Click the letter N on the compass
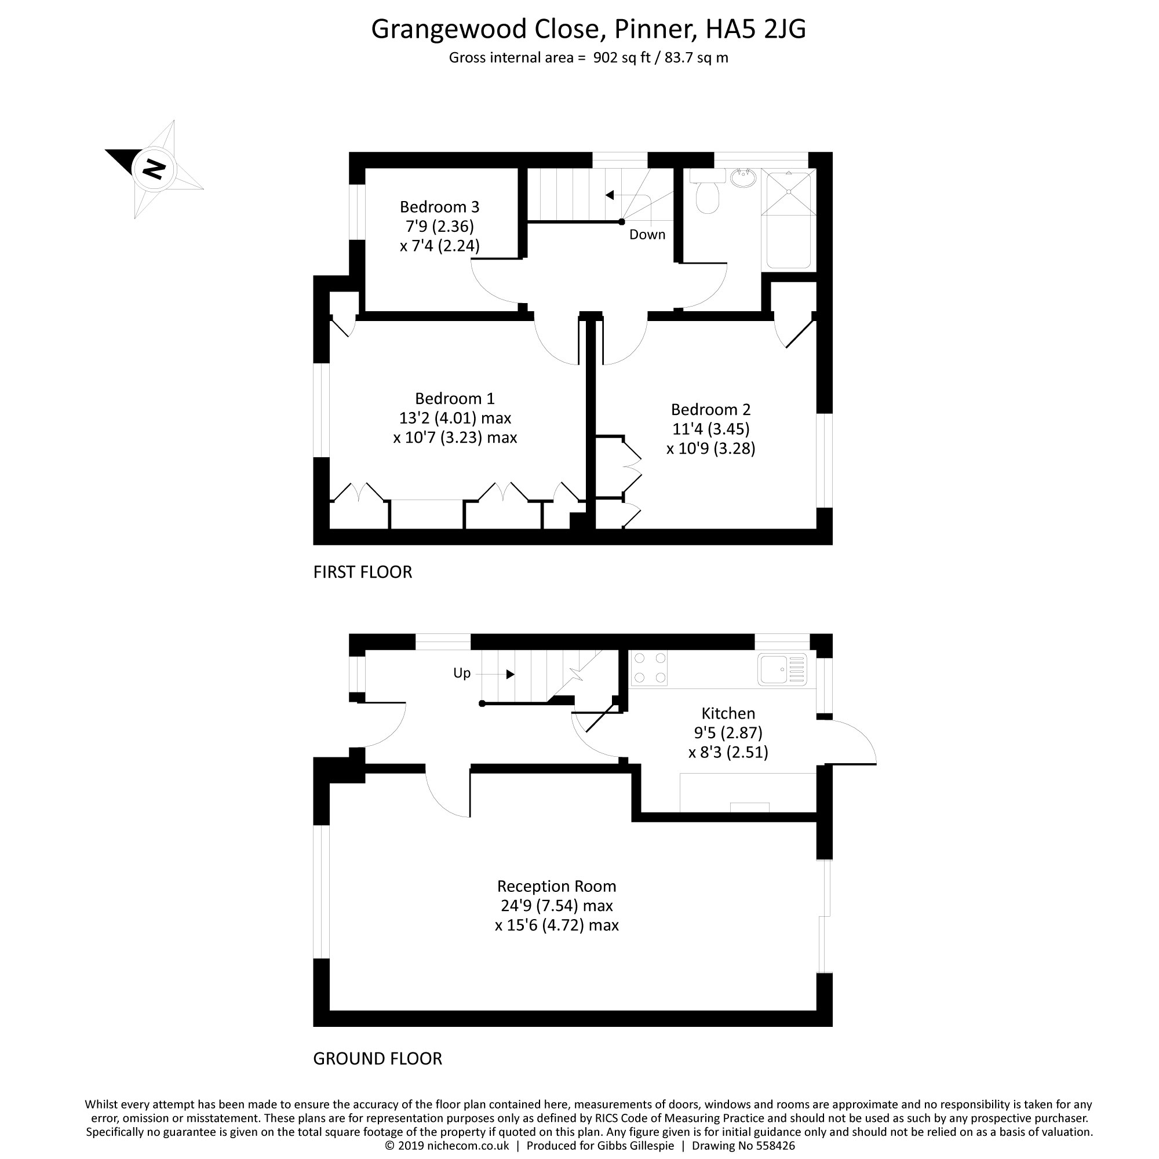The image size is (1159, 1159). pos(154,169)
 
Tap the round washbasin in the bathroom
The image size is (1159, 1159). pos(743,177)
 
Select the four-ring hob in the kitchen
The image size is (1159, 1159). pos(650,668)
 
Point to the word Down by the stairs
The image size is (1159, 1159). pos(647,235)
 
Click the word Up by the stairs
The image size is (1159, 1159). pos(462,673)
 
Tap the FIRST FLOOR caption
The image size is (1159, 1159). pos(362,572)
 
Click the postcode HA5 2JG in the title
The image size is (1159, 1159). pos(756,29)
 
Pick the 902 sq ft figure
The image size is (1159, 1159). pos(621,57)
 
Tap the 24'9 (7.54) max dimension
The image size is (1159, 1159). pos(557,905)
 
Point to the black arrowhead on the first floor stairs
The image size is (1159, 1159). pos(610,195)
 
